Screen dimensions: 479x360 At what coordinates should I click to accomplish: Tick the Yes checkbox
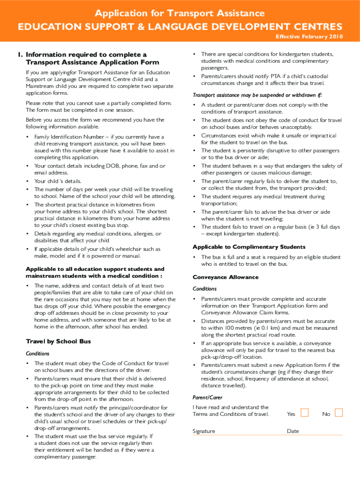click(305, 413)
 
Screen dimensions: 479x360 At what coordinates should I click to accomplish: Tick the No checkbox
click(339, 413)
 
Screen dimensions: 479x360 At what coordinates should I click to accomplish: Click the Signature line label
click(204, 431)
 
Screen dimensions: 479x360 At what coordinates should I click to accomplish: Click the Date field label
click(293, 431)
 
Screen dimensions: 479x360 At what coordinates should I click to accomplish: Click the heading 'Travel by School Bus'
click(58, 341)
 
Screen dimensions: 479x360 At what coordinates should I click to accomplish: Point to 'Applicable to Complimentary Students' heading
click(249, 247)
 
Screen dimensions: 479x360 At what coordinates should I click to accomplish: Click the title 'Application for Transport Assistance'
click(180, 13)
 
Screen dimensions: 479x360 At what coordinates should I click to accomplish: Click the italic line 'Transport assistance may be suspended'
click(258, 95)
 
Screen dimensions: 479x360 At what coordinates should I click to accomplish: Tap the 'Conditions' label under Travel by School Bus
click(37, 354)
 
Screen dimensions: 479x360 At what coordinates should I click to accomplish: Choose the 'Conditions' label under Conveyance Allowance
click(204, 289)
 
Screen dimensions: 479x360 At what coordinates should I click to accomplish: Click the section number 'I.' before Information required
click(21, 55)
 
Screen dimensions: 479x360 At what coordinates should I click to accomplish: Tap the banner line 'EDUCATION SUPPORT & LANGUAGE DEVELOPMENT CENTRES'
click(180, 26)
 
